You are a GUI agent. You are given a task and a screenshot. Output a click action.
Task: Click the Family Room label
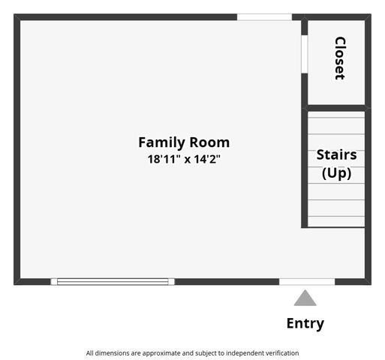point(184,142)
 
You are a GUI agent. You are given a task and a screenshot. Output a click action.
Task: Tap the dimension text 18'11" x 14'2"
point(184,159)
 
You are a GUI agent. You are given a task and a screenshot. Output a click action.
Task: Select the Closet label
point(339,58)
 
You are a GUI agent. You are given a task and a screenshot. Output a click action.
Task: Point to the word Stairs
point(336,155)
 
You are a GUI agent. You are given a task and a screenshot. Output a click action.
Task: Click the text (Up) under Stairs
point(336,172)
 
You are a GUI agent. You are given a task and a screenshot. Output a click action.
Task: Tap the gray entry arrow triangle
point(305,298)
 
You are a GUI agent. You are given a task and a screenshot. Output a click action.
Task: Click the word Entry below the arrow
point(305,323)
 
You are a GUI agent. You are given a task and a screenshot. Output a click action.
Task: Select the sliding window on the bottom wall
point(113,281)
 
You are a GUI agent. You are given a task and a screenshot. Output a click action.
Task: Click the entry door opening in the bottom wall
point(306,281)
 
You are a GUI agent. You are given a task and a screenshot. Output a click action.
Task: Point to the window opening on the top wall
point(264,16)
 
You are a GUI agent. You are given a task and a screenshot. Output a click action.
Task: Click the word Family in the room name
point(161,142)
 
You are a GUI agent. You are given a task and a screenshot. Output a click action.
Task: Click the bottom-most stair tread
point(336,221)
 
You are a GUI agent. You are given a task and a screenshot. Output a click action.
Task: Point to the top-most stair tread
point(336,116)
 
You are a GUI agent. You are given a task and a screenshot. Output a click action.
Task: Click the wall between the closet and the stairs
point(336,108)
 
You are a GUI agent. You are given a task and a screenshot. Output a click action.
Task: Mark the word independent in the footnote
point(239,352)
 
